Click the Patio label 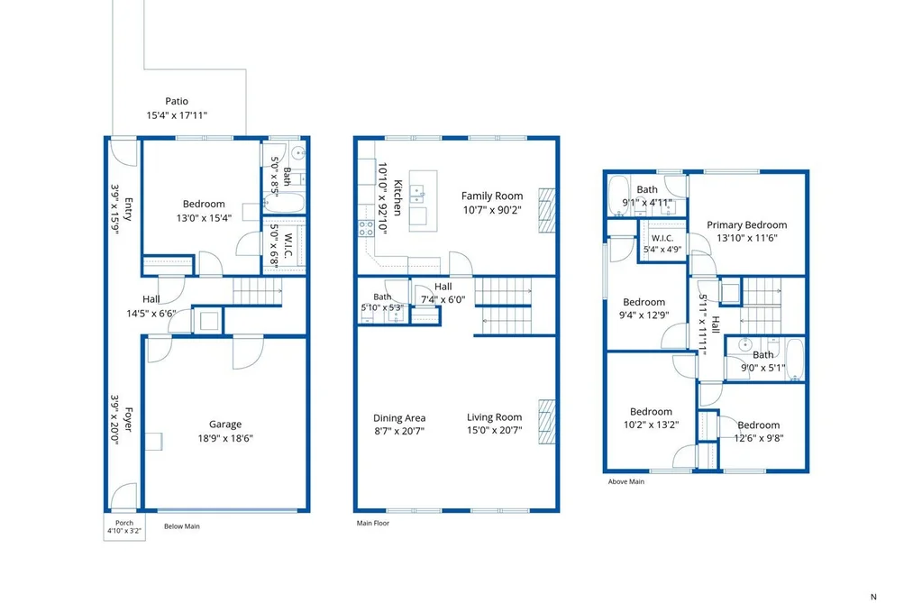pos(177,101)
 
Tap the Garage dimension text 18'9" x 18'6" pos(225,438)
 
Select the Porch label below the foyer pos(124,523)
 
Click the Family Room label pos(492,196)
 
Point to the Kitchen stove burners pos(366,228)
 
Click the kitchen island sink pos(417,194)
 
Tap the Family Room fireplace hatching pos(547,210)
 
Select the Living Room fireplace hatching pos(547,422)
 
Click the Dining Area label pos(399,418)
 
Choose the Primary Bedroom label pos(747,224)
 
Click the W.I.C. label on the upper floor pos(662,238)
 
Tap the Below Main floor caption pos(182,526)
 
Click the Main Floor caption pos(373,524)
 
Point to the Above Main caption pos(625,482)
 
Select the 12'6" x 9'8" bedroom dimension pos(759,438)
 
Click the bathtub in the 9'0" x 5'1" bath pos(795,360)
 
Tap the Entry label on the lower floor pos(129,209)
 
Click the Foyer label pos(129,419)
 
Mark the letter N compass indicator pos(873,597)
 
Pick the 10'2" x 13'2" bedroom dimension pos(651,425)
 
